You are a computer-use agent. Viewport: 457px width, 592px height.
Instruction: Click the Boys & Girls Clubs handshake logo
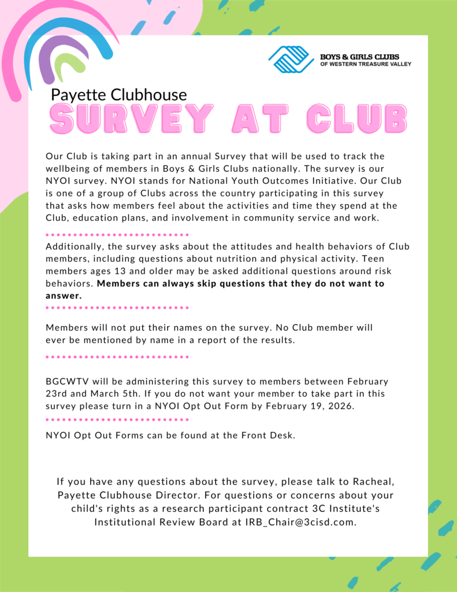pyautogui.click(x=290, y=60)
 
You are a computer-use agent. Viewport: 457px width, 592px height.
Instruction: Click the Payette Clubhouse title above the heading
pyautogui.click(x=119, y=95)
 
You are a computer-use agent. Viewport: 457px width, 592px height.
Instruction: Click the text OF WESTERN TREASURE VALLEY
pyautogui.click(x=366, y=64)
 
